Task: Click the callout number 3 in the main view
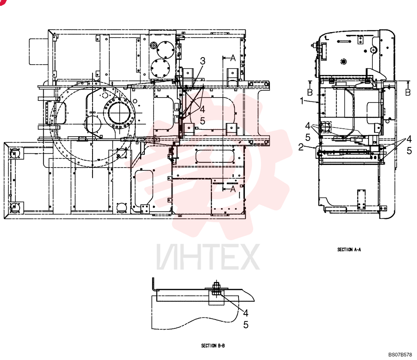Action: coord(203,61)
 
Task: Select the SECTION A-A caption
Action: coord(349,250)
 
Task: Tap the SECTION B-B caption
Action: coord(213,346)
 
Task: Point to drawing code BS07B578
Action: coord(400,355)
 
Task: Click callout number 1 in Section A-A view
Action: coord(301,101)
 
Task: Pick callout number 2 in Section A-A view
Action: coord(301,147)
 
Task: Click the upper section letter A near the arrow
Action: coord(233,58)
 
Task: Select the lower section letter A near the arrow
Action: coord(233,189)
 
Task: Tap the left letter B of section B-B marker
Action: coord(310,92)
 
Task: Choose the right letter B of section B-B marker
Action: coord(408,92)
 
